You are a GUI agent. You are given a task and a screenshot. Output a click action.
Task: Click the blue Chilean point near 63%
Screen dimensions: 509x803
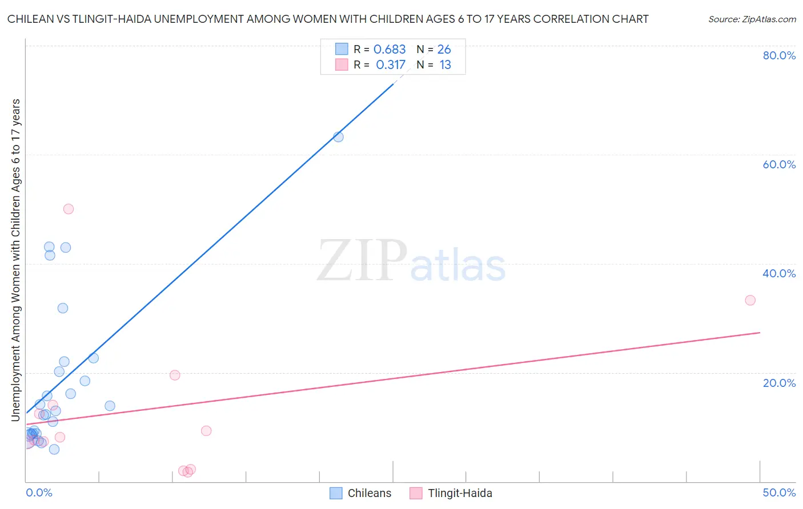point(338,137)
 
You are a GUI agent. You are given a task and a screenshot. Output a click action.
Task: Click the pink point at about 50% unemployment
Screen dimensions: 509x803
point(69,209)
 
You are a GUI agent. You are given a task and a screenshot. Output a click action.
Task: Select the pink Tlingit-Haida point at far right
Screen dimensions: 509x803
point(750,300)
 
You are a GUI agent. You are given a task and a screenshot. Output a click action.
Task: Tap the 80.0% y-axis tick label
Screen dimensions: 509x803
point(779,55)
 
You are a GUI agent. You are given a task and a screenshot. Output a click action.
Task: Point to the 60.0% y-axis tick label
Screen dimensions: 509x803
point(779,164)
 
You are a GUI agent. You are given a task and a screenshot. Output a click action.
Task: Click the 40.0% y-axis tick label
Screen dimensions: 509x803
point(779,273)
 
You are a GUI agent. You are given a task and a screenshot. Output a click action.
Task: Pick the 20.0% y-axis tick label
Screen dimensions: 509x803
point(779,383)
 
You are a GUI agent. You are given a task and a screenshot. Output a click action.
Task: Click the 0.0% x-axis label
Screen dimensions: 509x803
point(39,492)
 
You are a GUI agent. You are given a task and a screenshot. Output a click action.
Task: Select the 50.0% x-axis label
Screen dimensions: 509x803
point(779,492)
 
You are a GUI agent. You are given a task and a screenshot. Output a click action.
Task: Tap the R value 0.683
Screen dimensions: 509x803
point(390,50)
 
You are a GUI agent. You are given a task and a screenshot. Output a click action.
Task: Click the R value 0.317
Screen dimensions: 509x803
point(391,65)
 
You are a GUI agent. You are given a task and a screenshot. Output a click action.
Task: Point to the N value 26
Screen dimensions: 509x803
point(444,50)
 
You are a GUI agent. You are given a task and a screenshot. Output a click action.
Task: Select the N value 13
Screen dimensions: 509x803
point(445,65)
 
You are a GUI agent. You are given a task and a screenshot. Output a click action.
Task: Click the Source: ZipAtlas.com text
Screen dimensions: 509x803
point(752,19)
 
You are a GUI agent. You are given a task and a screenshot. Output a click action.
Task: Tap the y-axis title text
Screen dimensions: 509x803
point(15,260)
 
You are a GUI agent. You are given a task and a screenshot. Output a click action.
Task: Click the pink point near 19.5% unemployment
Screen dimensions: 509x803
point(175,375)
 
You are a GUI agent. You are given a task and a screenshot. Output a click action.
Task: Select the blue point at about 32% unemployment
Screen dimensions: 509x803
point(63,308)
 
